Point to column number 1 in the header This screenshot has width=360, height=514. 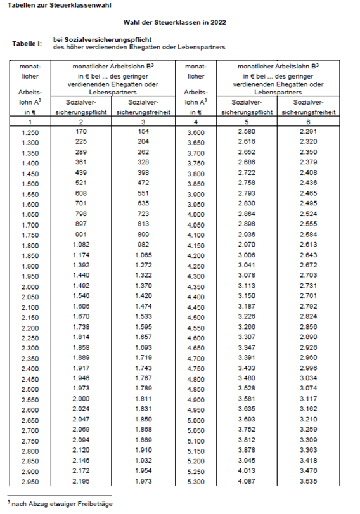[x=30, y=120]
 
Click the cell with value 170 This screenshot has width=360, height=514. [x=82, y=131]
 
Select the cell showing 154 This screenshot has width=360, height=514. [x=141, y=131]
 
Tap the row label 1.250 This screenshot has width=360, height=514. [x=30, y=132]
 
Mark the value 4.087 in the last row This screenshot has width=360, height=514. [x=252, y=482]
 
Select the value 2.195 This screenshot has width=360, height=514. [x=82, y=482]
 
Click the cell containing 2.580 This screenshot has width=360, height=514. [x=252, y=131]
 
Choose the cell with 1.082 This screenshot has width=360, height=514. [x=82, y=245]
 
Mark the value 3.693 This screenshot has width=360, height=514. [x=252, y=420]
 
